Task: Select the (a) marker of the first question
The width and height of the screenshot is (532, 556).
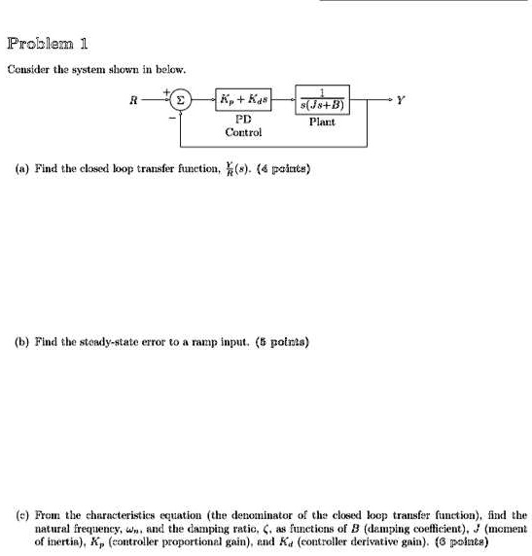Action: pyautogui.click(x=20, y=167)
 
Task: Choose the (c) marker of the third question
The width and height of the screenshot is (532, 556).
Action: pyautogui.click(x=20, y=515)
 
